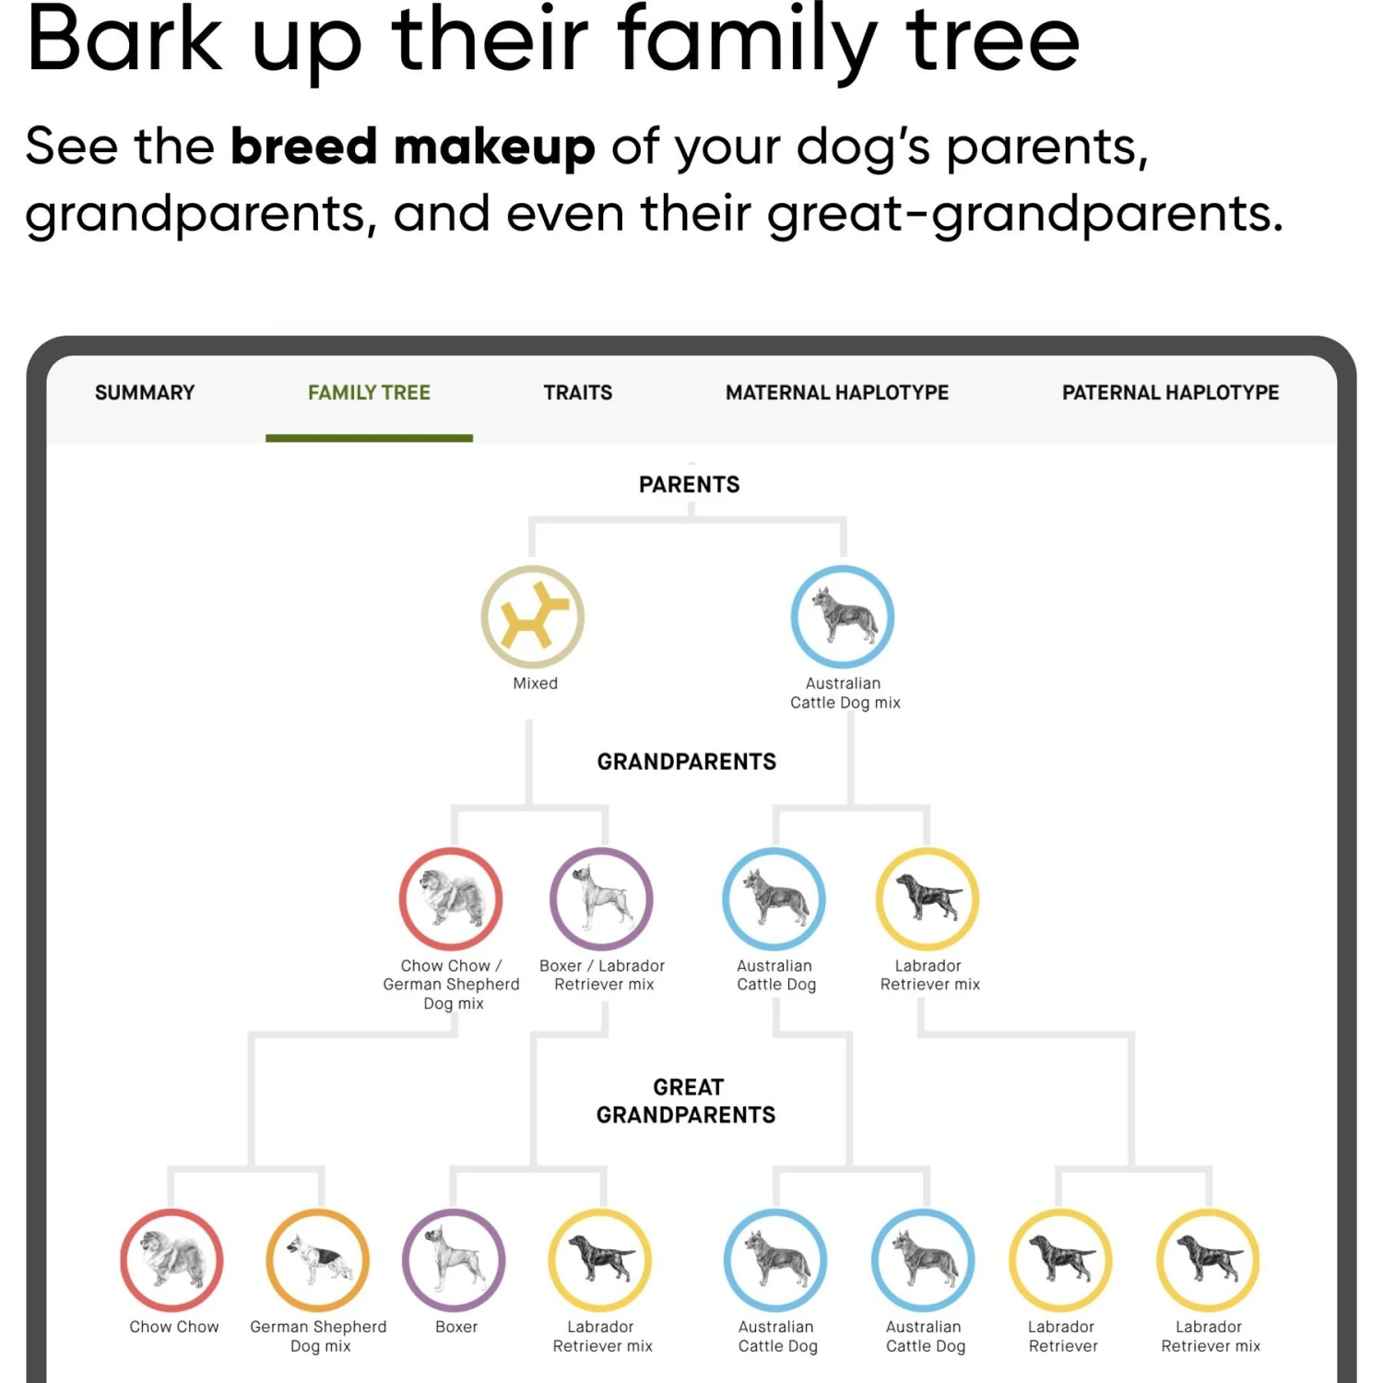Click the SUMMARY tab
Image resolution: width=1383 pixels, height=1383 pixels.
[145, 393]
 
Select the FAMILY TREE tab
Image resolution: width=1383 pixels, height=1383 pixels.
[369, 393]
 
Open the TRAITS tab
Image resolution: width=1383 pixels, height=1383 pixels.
[577, 393]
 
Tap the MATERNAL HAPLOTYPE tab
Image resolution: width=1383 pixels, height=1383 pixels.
[836, 393]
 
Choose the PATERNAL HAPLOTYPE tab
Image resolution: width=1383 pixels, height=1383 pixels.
[1170, 393]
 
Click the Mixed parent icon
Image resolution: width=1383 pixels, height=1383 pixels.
[533, 617]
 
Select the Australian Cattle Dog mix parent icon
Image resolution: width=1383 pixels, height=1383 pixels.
[843, 617]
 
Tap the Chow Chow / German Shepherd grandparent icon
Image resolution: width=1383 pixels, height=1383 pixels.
[451, 899]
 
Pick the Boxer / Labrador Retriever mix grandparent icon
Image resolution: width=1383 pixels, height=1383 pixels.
[601, 899]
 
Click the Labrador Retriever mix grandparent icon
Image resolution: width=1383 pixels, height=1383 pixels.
[927, 899]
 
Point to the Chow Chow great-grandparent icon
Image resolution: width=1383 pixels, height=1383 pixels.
[171, 1260]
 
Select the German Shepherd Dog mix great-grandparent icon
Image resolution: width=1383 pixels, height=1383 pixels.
[318, 1260]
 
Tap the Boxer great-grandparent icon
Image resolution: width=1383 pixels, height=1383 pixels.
[454, 1260]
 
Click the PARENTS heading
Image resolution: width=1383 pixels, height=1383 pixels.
[689, 485]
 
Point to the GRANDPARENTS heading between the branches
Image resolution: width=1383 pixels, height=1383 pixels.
[687, 762]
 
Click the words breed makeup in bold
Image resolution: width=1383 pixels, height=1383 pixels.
[412, 148]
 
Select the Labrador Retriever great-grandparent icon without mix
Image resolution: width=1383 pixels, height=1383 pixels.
[1060, 1260]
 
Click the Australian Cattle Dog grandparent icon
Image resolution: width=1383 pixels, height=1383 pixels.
[774, 899]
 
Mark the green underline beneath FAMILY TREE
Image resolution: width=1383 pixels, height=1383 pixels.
[369, 438]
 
